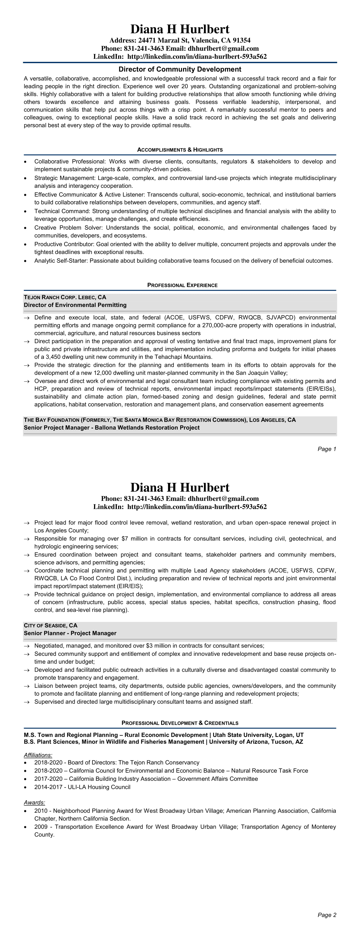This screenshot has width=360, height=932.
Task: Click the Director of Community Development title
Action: tap(180, 69)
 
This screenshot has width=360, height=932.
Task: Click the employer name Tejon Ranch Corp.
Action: tap(50, 297)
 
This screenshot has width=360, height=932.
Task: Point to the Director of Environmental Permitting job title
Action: tap(75, 305)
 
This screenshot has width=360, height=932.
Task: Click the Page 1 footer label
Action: tap(327, 449)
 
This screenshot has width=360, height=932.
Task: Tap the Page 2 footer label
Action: tap(327, 915)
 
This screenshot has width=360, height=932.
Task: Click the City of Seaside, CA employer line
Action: tap(51, 625)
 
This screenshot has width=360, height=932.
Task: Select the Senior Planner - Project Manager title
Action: tap(70, 633)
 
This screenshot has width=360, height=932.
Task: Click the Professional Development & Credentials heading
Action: tap(180, 723)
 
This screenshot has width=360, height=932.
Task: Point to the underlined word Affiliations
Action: tap(38, 755)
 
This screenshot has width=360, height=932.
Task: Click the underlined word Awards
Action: tap(34, 803)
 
